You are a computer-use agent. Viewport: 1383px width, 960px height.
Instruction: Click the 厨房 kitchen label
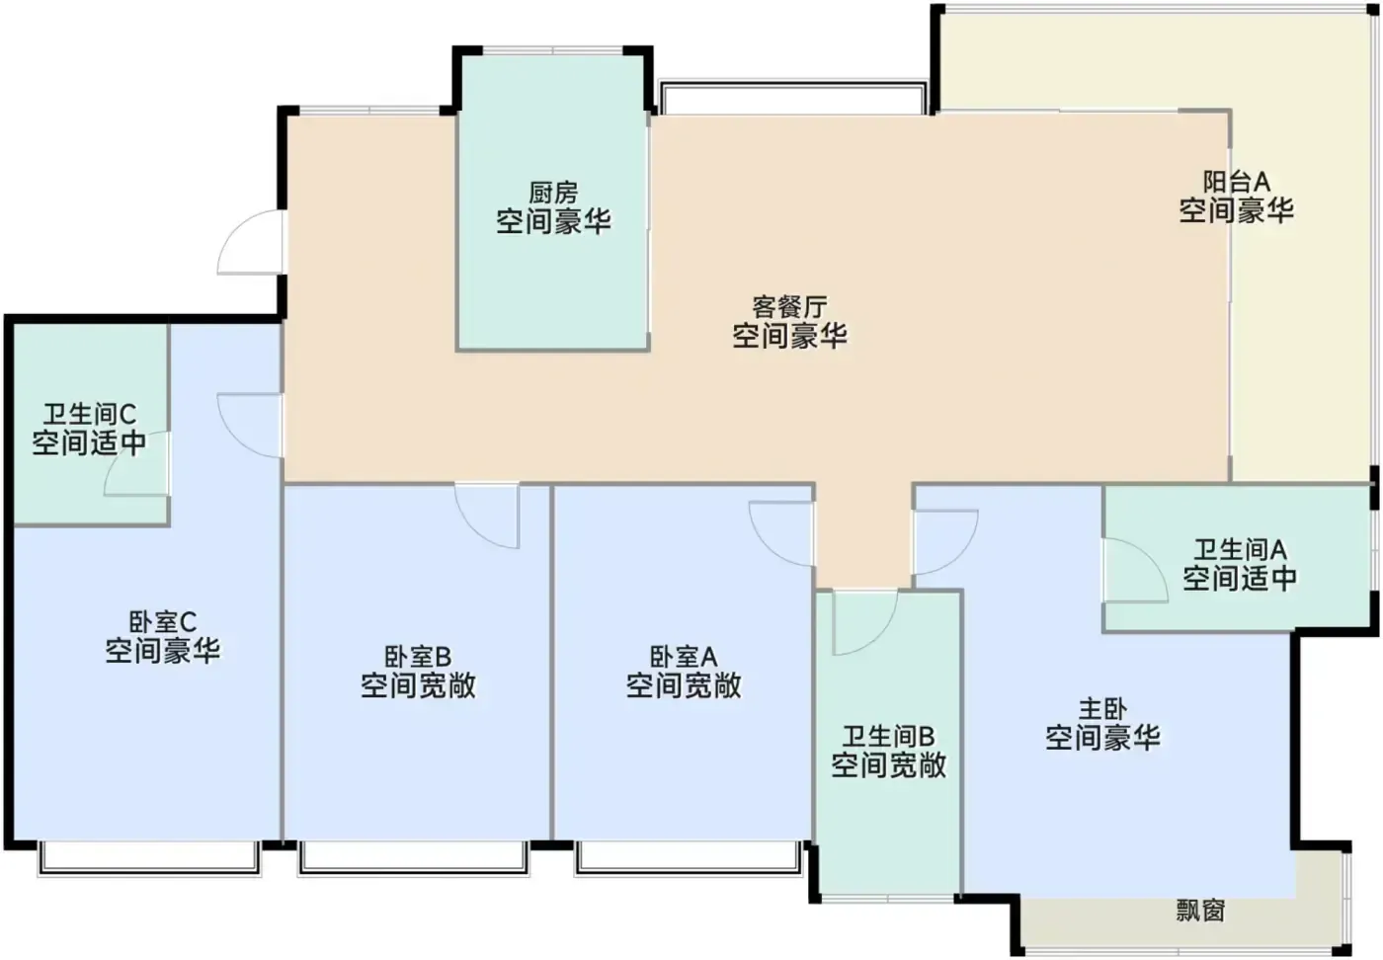[553, 193]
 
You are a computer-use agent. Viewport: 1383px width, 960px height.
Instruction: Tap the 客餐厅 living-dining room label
[789, 307]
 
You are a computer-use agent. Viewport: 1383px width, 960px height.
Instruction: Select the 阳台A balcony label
[1236, 182]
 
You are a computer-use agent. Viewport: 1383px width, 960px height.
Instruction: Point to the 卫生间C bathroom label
[90, 414]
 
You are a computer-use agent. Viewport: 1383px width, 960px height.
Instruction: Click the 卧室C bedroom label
[162, 621]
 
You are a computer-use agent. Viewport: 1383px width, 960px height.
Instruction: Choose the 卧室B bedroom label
[418, 656]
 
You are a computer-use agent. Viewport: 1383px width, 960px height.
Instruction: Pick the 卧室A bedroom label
[684, 656]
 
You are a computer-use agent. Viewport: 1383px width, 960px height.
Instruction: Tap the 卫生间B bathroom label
[888, 736]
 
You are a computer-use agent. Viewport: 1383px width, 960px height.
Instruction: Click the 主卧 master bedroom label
[1102, 709]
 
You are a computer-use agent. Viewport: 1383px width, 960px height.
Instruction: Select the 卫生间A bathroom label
[1239, 549]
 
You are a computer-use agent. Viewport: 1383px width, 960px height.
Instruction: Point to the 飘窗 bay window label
[1200, 910]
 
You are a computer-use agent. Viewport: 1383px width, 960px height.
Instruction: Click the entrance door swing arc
[229, 230]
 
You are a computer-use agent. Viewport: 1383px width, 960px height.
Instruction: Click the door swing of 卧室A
[768, 546]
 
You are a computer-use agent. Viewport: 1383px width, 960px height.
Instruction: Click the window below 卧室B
[414, 858]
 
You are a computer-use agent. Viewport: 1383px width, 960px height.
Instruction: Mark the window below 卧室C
[149, 858]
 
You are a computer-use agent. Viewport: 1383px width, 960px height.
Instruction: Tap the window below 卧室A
[690, 858]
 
